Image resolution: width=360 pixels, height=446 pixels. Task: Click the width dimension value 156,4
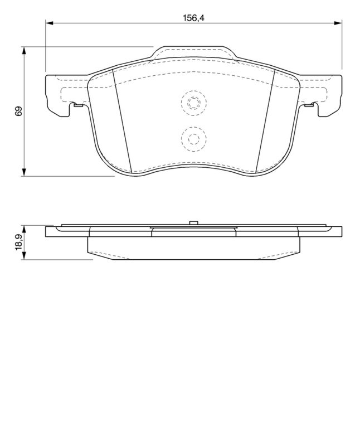click(x=194, y=18)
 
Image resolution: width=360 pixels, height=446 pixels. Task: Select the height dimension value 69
click(x=18, y=111)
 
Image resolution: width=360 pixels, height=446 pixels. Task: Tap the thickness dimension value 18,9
click(x=18, y=243)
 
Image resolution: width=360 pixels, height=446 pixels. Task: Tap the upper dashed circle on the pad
click(x=193, y=103)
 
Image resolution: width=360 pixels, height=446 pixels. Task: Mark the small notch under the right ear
click(x=309, y=104)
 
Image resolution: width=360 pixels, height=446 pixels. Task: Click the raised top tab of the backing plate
click(x=193, y=51)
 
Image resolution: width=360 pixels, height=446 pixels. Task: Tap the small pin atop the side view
click(x=193, y=223)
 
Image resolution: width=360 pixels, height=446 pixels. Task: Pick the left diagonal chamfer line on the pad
click(x=122, y=120)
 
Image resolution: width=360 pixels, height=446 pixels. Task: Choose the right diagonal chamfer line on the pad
click(x=265, y=120)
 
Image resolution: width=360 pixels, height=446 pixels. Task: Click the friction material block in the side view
click(x=193, y=248)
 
